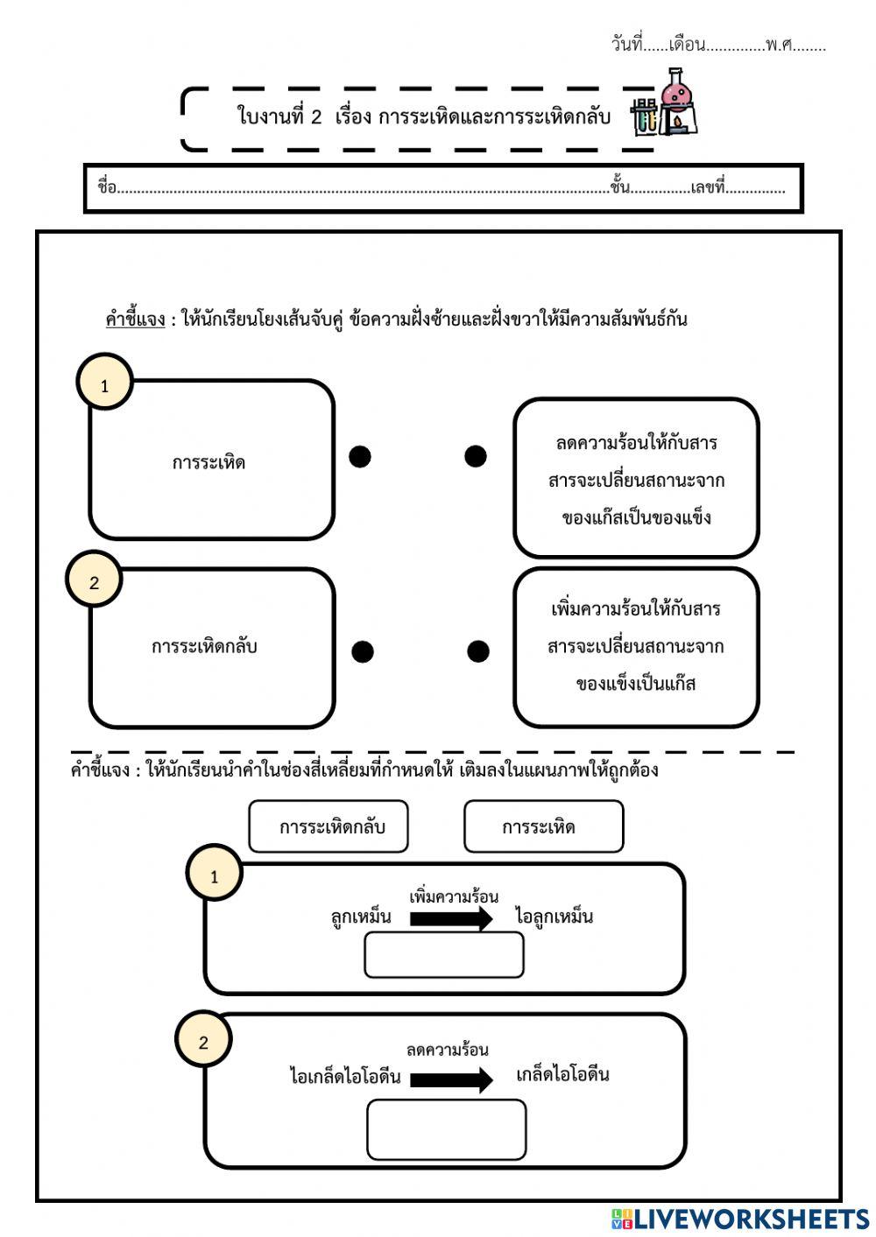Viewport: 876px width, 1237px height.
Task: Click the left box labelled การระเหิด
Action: coord(211,460)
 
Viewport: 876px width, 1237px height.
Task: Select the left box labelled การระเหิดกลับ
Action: coord(211,648)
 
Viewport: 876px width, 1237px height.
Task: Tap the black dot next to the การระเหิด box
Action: coord(360,456)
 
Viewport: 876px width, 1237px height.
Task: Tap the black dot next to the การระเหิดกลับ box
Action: coord(363,651)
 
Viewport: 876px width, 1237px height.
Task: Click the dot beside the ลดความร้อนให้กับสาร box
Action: coord(476,456)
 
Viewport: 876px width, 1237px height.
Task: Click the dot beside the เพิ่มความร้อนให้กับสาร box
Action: coord(478,651)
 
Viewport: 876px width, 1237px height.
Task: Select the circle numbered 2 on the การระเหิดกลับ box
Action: coord(95,582)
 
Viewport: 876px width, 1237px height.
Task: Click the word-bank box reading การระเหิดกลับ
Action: coord(328,826)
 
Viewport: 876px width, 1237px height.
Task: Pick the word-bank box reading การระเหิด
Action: coord(543,826)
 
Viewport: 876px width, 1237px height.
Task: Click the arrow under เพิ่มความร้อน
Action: coord(451,918)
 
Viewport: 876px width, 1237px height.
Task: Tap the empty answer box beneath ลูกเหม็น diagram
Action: coord(443,955)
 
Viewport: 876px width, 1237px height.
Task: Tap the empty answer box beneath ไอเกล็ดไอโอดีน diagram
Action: coord(446,1130)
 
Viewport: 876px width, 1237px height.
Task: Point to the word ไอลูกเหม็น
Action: coord(555,917)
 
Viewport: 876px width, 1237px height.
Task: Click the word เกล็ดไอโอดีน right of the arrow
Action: coord(562,1074)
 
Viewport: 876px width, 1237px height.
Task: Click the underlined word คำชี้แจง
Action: coord(135,320)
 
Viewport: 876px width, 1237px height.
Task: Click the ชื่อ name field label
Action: coord(107,187)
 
